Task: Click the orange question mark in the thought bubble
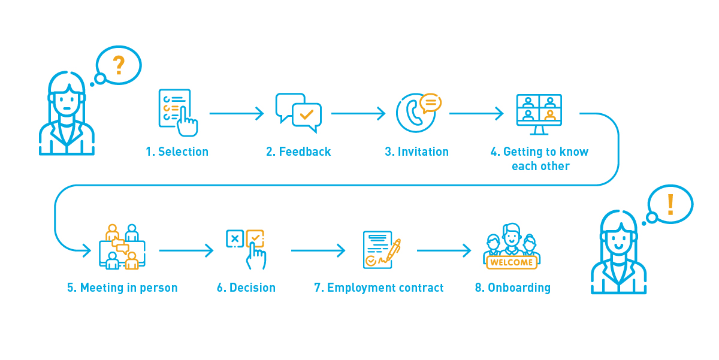(119, 65)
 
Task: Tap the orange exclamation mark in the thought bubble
(670, 204)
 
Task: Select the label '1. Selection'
(177, 152)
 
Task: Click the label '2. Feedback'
(298, 152)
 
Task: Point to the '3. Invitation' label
(416, 152)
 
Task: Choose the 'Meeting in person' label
(122, 288)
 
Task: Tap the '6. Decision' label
(246, 288)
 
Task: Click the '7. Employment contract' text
(379, 288)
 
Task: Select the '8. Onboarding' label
(512, 288)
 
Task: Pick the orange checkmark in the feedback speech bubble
(307, 113)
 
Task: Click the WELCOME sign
(511, 262)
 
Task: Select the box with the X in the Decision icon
(234, 238)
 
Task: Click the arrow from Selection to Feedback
(236, 113)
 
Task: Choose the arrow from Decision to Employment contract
(318, 250)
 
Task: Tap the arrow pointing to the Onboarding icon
(443, 250)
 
